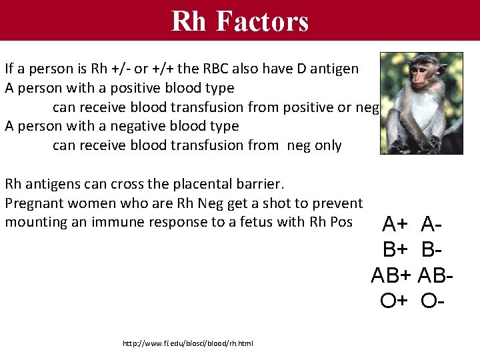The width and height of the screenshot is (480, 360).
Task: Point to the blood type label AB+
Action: pyautogui.click(x=392, y=276)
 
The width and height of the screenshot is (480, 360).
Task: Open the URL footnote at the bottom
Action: pyautogui.click(x=188, y=344)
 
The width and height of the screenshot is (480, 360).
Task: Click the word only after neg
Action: pyautogui.click(x=328, y=146)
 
